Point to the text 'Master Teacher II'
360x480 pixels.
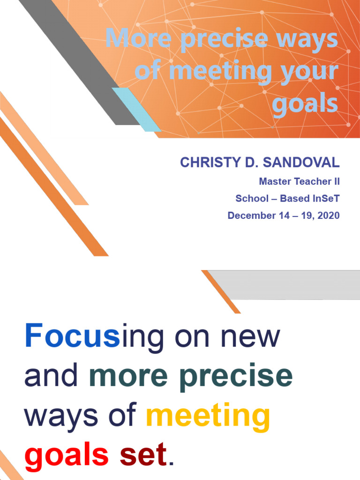click(x=299, y=181)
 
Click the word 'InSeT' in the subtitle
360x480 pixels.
click(x=325, y=198)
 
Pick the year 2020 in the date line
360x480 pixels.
click(x=327, y=216)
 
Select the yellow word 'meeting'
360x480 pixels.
click(x=208, y=416)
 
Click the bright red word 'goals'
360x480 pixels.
click(x=66, y=455)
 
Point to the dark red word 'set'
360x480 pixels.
click(x=143, y=455)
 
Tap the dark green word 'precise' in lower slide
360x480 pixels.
click(x=236, y=376)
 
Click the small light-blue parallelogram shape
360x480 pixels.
click(x=136, y=110)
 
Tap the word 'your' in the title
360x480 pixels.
click(x=312, y=71)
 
